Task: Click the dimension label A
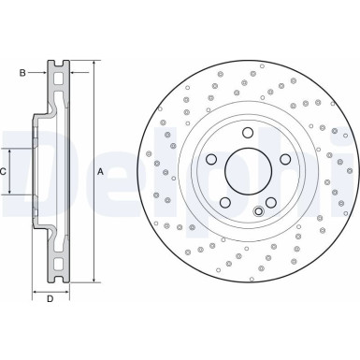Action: (101, 170)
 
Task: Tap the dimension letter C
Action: (5, 171)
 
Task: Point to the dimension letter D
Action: (50, 298)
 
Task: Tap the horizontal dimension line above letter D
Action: (50, 287)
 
